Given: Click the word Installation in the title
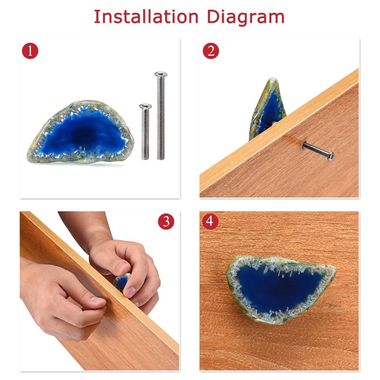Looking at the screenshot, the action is pyautogui.click(x=146, y=17).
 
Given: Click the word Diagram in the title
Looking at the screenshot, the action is pyautogui.click(x=246, y=18).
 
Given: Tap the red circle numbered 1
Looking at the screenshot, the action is pyautogui.click(x=30, y=51).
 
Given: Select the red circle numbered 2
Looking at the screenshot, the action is pyautogui.click(x=211, y=51).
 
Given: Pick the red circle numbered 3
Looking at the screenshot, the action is pyautogui.click(x=166, y=221).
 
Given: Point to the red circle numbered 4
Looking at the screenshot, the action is pyautogui.click(x=210, y=221).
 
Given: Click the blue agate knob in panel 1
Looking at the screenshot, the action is pyautogui.click(x=81, y=132).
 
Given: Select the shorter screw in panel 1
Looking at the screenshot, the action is pyautogui.click(x=145, y=132).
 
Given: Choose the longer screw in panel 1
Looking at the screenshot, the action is pyautogui.click(x=161, y=116).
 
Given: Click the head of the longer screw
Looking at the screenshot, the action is pyautogui.click(x=161, y=74).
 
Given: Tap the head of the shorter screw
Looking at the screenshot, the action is pyautogui.click(x=145, y=106).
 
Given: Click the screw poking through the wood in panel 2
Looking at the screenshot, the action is pyautogui.click(x=318, y=150).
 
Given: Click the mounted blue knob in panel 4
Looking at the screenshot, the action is pyautogui.click(x=281, y=290).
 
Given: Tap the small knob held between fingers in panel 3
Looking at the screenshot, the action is pyautogui.click(x=122, y=282).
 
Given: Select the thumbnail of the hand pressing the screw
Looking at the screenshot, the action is pyautogui.click(x=97, y=300).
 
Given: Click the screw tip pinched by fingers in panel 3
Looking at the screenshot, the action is pyautogui.click(x=107, y=303).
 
